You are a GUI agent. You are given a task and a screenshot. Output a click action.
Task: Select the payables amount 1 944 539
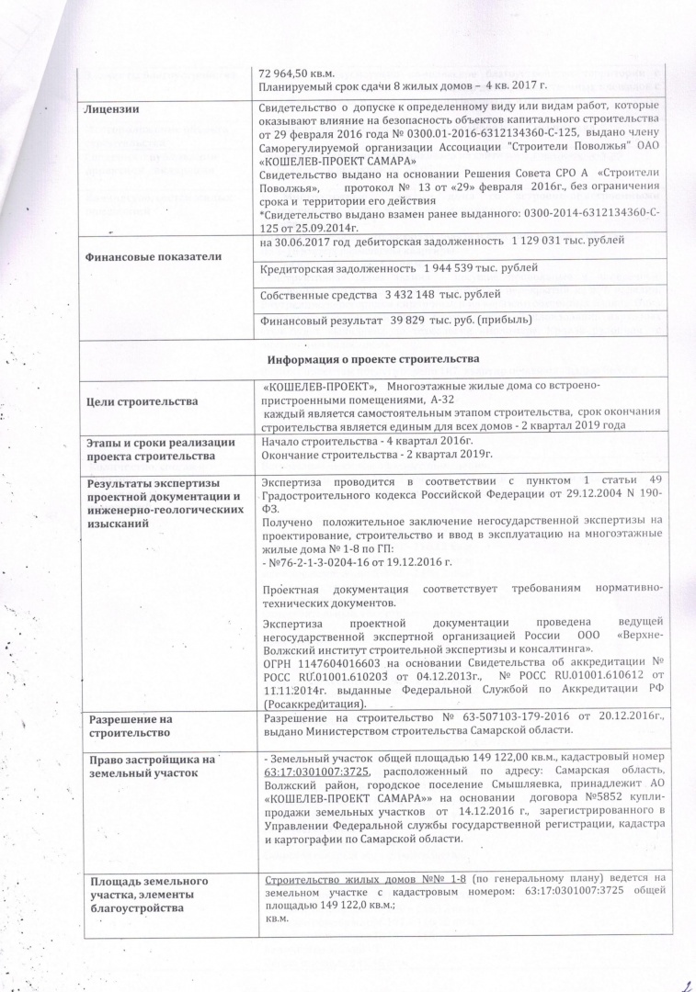(461, 268)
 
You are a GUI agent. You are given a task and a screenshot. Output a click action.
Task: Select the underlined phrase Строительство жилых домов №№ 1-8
(367, 882)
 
